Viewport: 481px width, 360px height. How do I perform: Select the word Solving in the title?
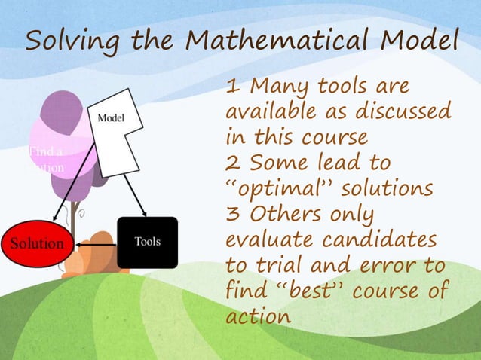(63, 43)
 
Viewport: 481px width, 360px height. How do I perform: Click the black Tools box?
(147, 243)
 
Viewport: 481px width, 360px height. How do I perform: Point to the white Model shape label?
(111, 118)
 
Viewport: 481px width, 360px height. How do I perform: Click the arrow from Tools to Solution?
(98, 244)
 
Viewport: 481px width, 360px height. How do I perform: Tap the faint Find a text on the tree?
(45, 151)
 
